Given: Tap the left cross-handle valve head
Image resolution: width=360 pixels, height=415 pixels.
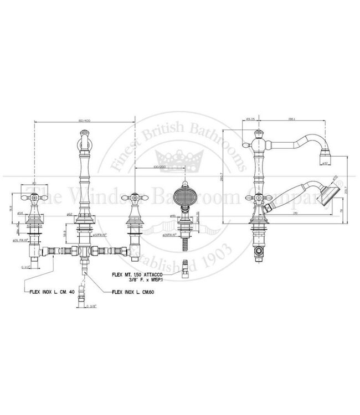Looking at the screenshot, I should point(34,197).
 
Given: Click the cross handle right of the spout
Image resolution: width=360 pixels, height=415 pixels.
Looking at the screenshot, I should point(133,196).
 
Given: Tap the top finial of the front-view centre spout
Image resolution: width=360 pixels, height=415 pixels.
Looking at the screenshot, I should point(85,132).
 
